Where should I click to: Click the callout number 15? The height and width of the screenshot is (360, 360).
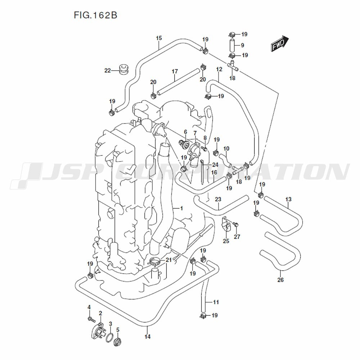(159, 38)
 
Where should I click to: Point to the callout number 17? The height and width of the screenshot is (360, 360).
(175, 71)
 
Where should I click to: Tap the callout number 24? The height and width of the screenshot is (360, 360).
(215, 165)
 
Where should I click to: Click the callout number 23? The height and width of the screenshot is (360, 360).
(218, 199)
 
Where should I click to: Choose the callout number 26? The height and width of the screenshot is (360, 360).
(280, 280)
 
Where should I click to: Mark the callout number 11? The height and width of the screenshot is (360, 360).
(216, 302)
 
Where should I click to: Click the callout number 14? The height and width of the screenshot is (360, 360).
(147, 337)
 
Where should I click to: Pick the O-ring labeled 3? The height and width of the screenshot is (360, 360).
(109, 336)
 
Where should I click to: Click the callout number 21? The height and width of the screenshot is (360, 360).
(168, 260)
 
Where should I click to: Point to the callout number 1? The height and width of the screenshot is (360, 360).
(181, 208)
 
